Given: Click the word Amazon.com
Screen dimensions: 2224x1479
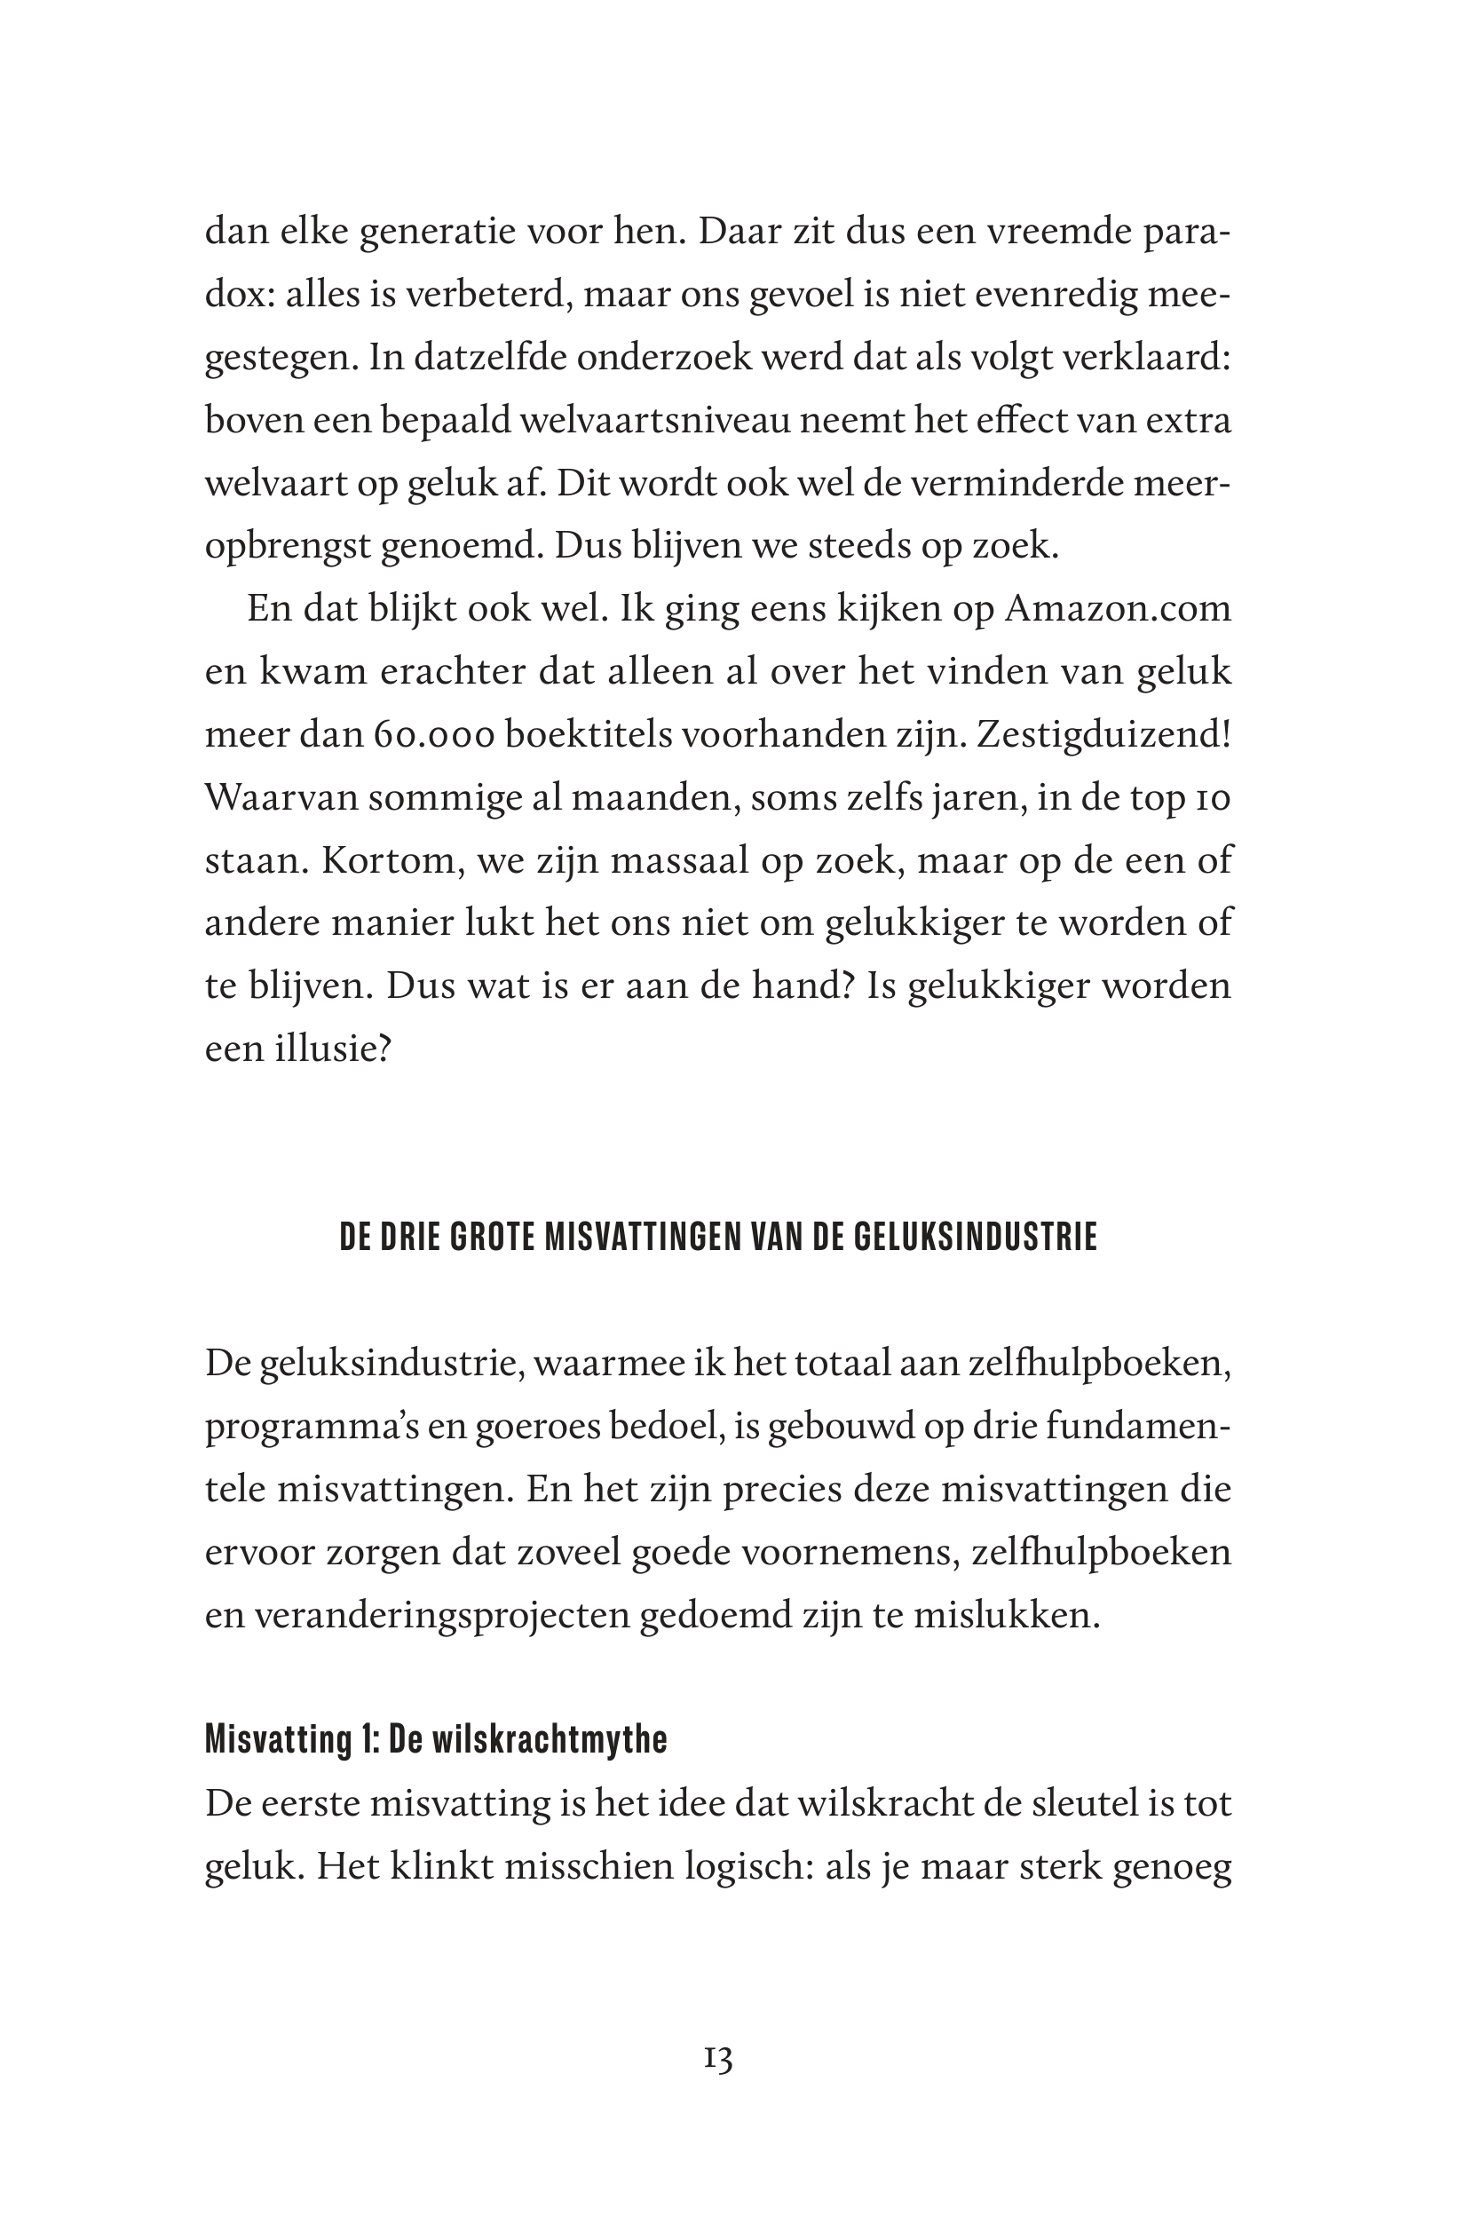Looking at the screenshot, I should pyautogui.click(x=1118, y=609).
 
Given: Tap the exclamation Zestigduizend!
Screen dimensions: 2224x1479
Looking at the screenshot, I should pyautogui.click(x=1103, y=736).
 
